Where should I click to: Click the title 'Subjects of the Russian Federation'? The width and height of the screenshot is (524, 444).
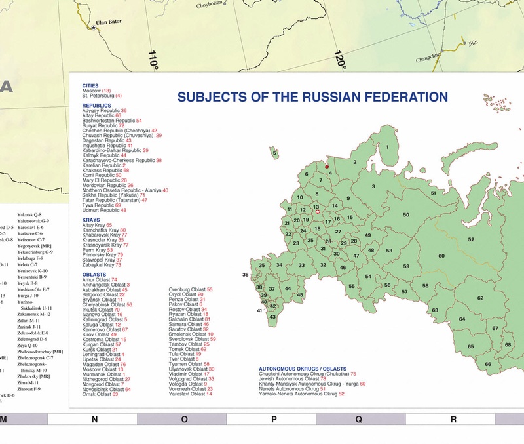[x=312, y=97]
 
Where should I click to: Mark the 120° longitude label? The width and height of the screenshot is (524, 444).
[x=339, y=60]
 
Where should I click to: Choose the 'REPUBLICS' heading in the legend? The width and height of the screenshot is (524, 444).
[x=96, y=105]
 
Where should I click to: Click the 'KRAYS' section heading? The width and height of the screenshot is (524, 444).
[x=91, y=220]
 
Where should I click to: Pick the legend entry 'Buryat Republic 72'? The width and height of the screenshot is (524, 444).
[x=107, y=125]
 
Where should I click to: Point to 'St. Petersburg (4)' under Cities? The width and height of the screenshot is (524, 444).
[x=102, y=96]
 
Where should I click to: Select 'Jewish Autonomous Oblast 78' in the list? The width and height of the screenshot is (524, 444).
[x=292, y=378]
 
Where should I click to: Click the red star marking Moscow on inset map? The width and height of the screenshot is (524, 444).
[x=318, y=212]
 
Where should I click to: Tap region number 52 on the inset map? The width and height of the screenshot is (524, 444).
[x=471, y=240]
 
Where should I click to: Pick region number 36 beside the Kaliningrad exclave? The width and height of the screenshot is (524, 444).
[x=245, y=275]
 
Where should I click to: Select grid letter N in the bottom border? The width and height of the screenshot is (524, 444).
[x=94, y=419]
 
